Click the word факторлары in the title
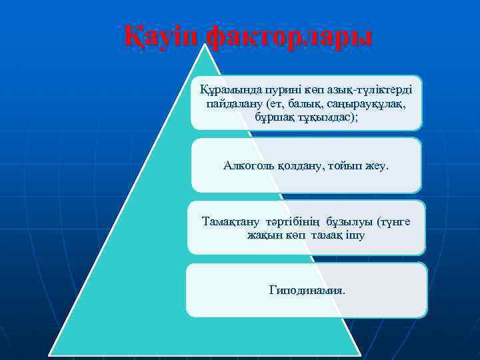click(289, 37)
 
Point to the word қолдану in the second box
click(299, 164)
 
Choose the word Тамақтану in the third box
click(231, 221)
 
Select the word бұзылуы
click(351, 221)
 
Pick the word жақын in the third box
click(264, 235)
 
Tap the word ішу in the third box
click(355, 235)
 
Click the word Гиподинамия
click(307, 290)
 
